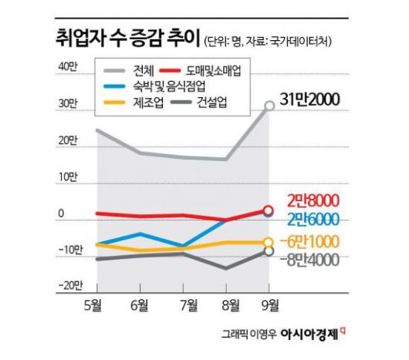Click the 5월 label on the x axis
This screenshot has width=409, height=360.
click(x=96, y=304)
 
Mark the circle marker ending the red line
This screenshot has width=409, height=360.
click(x=268, y=210)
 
